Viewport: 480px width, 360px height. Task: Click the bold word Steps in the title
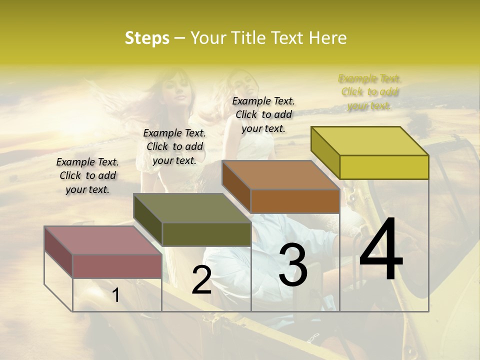coord(147,38)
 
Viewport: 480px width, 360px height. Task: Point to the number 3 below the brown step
coord(292,265)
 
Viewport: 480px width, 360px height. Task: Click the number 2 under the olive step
coord(201,280)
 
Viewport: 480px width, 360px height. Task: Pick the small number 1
coord(115,295)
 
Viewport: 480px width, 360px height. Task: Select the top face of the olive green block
coord(192,208)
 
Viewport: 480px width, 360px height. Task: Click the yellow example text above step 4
coord(370,92)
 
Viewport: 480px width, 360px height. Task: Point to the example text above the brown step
coord(263,114)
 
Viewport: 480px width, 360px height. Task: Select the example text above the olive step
coord(174,146)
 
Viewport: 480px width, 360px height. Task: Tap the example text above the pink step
coord(87,175)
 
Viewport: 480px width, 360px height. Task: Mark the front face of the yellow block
coord(384,167)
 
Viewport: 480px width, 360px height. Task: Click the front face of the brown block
coord(295,201)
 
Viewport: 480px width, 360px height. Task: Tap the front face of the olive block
coord(206,234)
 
